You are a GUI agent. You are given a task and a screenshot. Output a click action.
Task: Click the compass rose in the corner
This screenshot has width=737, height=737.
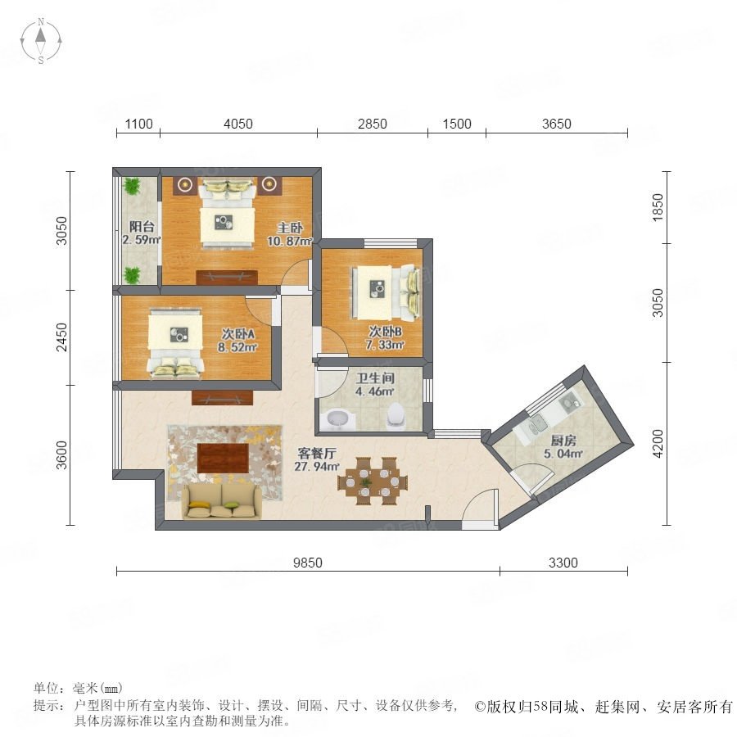click(x=41, y=40)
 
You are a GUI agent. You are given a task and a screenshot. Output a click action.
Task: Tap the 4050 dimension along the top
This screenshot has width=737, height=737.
click(x=237, y=124)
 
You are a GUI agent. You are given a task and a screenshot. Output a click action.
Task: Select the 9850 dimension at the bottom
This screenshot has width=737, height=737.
click(x=308, y=563)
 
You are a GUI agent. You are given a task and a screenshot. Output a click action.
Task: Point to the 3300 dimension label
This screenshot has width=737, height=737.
click(x=563, y=563)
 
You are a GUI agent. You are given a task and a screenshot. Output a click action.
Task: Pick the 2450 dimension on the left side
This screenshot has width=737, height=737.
click(x=61, y=337)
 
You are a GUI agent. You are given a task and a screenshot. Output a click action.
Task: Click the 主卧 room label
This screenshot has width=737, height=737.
click(x=290, y=228)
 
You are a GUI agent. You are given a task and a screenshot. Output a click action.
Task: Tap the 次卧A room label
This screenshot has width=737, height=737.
click(x=238, y=334)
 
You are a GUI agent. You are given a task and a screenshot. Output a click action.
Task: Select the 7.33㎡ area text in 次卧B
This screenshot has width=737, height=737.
click(x=385, y=345)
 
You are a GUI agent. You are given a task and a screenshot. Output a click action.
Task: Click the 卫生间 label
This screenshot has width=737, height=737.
click(x=375, y=378)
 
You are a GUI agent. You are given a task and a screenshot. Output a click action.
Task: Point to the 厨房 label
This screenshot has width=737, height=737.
click(x=563, y=441)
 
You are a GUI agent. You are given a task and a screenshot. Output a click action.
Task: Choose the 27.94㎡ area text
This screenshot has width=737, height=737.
click(x=317, y=466)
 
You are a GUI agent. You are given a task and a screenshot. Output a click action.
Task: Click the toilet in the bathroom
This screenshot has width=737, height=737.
click(x=396, y=415)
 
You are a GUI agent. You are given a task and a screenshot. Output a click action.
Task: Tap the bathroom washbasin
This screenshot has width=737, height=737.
click(x=337, y=418)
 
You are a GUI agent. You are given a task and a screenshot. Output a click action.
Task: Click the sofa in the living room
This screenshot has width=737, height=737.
click(x=221, y=501)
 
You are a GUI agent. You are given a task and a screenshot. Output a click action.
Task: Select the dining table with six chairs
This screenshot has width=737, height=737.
click(x=373, y=482)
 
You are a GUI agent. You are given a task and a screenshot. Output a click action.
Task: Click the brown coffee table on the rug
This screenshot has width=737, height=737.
click(x=223, y=458)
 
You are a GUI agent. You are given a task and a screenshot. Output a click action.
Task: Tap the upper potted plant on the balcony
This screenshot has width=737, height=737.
click(x=132, y=186)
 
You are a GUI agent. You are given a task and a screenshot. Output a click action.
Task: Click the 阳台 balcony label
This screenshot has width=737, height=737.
click(x=142, y=227)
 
